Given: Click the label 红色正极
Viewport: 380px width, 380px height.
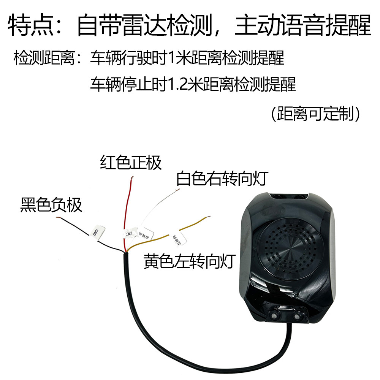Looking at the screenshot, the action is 131,163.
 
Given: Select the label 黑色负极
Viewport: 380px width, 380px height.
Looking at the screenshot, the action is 51,205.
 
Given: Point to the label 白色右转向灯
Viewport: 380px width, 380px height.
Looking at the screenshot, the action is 223,178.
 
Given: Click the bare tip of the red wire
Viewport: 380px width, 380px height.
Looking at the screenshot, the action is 131,177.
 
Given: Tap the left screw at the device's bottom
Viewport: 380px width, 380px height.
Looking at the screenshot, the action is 273,315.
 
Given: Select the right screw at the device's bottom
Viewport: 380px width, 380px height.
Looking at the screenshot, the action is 298,315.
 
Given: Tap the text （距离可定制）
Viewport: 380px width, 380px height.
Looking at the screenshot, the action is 315,113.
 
